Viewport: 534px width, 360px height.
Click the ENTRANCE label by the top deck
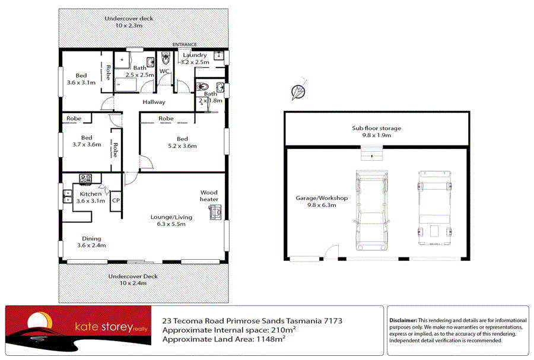coord(185,44)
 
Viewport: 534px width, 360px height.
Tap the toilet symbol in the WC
coord(166,58)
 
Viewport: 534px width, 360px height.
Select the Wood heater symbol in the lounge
coord(215,212)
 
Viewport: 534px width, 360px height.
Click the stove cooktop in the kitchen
coord(85,179)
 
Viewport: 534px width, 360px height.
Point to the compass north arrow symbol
coord(298,91)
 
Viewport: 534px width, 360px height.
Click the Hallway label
coord(154,102)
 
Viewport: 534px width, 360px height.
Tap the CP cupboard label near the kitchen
coord(116,200)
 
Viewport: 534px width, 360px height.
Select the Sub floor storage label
coord(376,128)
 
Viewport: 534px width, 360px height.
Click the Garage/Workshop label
coord(322,198)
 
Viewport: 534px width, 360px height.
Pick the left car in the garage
coord(372,210)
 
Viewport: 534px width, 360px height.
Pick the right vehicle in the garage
coord(434,208)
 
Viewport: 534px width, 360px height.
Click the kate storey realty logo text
coord(111,327)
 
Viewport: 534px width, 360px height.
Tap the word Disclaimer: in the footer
coord(403,320)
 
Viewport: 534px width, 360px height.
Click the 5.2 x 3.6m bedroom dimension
coord(182,146)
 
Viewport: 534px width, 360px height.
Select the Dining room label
coord(91,239)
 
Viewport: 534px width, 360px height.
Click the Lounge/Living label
coord(171,217)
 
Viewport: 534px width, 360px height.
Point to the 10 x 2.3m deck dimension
coord(129,26)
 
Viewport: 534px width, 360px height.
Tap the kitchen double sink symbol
coord(68,196)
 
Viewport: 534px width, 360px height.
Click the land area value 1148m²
coord(271,339)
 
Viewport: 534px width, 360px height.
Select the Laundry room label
coord(195,55)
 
